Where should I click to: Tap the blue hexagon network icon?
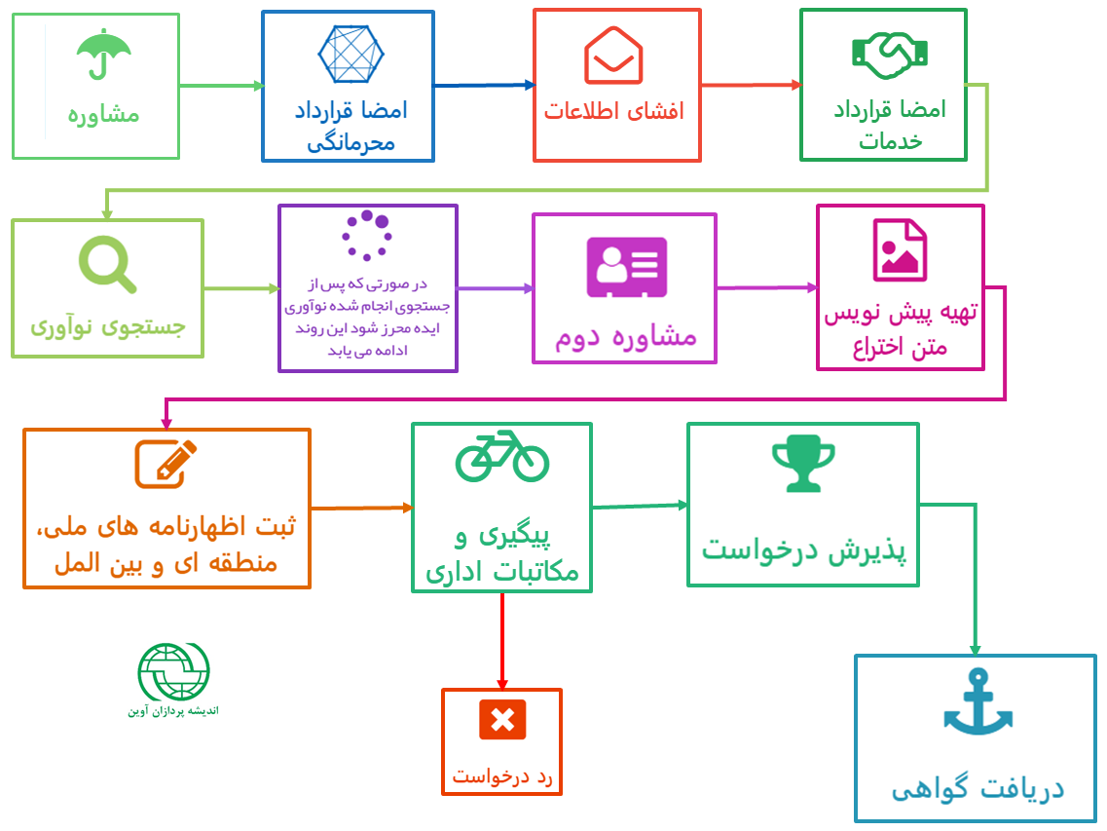pyautogui.click(x=351, y=55)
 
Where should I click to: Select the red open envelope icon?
pyautogui.click(x=613, y=56)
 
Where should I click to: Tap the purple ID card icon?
pyautogui.click(x=627, y=267)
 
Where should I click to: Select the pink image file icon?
pyautogui.click(x=900, y=250)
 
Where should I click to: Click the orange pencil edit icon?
pyautogui.click(x=166, y=464)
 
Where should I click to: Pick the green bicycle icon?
pyautogui.click(x=502, y=456)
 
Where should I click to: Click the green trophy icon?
pyautogui.click(x=803, y=463)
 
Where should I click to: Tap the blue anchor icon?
pyautogui.click(x=978, y=701)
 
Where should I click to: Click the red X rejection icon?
pyautogui.click(x=502, y=719)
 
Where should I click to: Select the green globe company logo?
pyautogui.click(x=173, y=671)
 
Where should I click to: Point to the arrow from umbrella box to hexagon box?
pyautogui.click(x=221, y=86)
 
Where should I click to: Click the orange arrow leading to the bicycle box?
pyautogui.click(x=361, y=508)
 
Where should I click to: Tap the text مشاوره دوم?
pyautogui.click(x=625, y=337)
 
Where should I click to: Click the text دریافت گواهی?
pyautogui.click(x=978, y=787)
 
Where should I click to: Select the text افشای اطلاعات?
pyautogui.click(x=614, y=111)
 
